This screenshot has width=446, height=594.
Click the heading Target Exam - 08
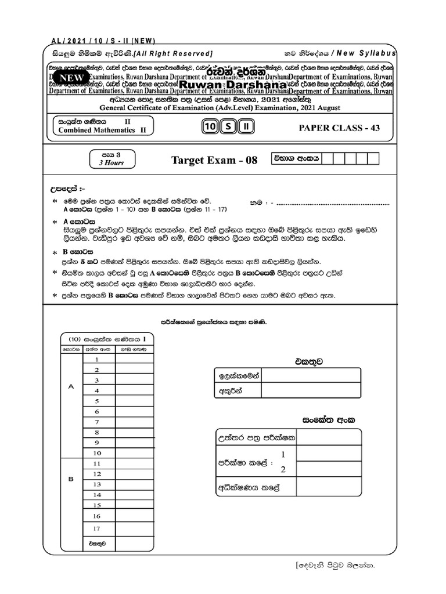pos(214,160)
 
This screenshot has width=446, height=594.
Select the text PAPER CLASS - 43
pos(339,128)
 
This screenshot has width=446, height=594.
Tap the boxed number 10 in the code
pos(210,128)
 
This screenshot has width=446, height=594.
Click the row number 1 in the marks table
pos(98,360)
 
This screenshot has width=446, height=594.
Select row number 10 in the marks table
pos(98,453)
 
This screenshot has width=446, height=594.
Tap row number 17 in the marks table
pos(97,528)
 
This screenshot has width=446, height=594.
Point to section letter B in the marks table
pos(71,480)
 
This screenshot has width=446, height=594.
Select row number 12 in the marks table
pos(97,474)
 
